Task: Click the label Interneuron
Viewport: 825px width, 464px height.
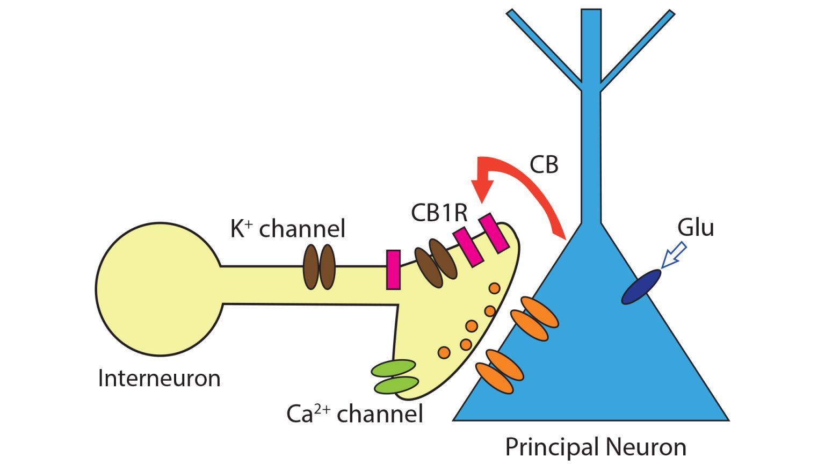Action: (x=159, y=379)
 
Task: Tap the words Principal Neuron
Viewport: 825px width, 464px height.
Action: (x=596, y=447)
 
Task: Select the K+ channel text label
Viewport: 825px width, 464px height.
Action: (x=288, y=229)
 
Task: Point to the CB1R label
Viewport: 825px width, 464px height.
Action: (x=439, y=213)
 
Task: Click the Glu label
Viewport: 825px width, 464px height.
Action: (x=696, y=227)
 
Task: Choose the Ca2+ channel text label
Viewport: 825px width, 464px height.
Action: (x=354, y=414)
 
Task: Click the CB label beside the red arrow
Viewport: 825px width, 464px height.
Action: (x=544, y=165)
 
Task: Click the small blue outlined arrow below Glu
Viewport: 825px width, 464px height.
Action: (x=673, y=256)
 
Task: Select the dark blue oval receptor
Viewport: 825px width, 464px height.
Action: (x=641, y=287)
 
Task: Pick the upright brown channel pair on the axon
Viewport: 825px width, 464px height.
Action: (x=320, y=267)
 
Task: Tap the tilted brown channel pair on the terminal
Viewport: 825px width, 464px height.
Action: (x=436, y=263)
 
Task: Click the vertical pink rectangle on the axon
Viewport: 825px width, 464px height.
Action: (x=393, y=270)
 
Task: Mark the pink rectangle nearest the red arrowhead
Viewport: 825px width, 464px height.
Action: (x=494, y=233)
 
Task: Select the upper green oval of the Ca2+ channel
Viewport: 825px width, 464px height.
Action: (x=394, y=368)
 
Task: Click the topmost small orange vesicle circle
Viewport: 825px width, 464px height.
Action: (x=494, y=288)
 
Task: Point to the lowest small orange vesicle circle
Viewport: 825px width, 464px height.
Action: (x=444, y=352)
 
